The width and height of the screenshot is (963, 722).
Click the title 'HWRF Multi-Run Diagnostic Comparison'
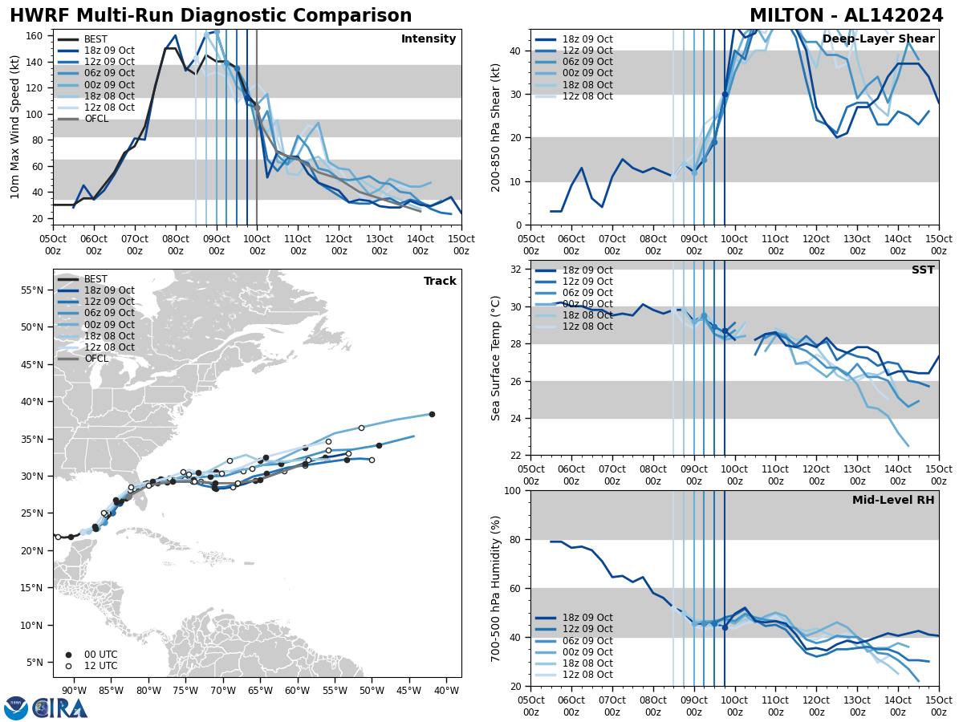210,16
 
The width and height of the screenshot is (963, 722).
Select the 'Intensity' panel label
428,39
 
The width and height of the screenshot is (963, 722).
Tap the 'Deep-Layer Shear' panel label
878,39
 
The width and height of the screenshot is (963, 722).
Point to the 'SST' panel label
922,270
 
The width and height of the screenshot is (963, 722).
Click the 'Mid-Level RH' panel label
893,501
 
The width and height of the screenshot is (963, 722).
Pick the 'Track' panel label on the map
440,282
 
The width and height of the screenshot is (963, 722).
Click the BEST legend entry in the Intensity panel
95,39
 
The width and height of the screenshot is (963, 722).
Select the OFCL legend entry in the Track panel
95,359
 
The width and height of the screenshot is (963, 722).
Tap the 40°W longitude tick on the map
448,691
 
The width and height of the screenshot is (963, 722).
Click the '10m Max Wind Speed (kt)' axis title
15,127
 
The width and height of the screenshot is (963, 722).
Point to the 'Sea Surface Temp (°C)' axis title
496,358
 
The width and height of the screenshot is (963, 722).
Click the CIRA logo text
60,708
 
